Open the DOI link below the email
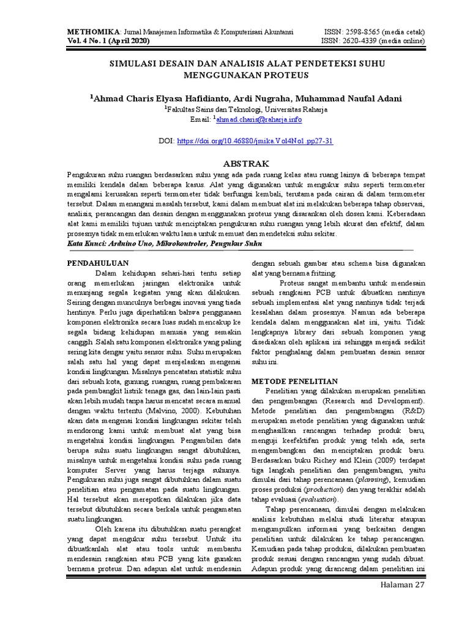[x=255, y=140]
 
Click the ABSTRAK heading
[x=246, y=163]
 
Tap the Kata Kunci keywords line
[x=164, y=243]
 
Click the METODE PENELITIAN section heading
[x=295, y=380]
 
